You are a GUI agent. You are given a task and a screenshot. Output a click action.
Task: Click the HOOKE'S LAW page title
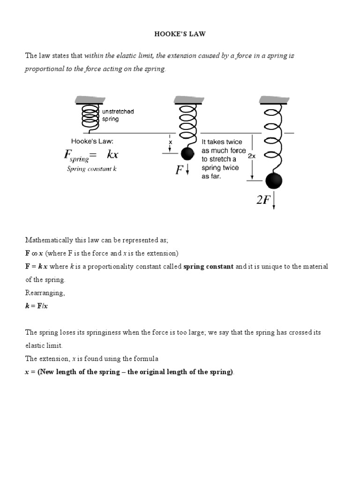pos(180,34)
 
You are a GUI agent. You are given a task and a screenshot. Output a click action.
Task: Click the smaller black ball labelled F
pos(187,153)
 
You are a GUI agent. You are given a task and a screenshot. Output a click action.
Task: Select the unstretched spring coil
pos(91,116)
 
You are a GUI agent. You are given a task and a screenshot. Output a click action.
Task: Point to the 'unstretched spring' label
pos(118,115)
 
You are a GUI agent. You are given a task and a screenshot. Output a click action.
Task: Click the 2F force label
pos(263,200)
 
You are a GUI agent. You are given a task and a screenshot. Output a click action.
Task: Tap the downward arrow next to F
pos(187,170)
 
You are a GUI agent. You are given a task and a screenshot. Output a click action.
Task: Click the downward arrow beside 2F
pos(273,201)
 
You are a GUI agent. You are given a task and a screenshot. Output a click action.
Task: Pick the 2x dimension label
pos(252,156)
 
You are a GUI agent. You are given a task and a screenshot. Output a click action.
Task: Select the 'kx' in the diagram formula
pos(112,155)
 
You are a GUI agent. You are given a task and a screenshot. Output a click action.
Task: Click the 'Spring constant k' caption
pos(91,169)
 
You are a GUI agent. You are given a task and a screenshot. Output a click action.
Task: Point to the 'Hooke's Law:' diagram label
pos(92,141)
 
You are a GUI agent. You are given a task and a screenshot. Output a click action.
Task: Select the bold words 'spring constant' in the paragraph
pos(208,267)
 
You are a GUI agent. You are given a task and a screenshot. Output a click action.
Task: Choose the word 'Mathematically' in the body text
pos(49,240)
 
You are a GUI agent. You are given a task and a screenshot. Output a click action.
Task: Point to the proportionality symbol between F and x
pos(34,254)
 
